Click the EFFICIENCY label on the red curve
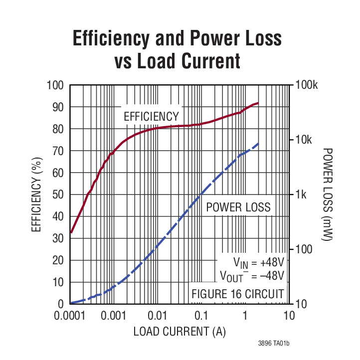click(x=151, y=117)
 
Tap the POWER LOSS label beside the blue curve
click(x=238, y=207)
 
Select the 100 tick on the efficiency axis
click(x=55, y=85)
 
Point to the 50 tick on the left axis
click(x=58, y=194)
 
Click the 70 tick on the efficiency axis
click(x=58, y=151)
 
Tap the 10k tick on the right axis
click(x=305, y=140)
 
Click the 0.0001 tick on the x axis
click(x=69, y=316)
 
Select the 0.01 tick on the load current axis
click(x=157, y=316)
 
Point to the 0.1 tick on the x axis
click(x=201, y=316)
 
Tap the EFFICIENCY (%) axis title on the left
click(x=36, y=194)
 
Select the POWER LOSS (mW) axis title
click(x=328, y=194)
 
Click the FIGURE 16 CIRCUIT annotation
click(x=238, y=293)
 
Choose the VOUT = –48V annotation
click(x=252, y=276)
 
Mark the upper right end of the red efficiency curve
click(x=258, y=103)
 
